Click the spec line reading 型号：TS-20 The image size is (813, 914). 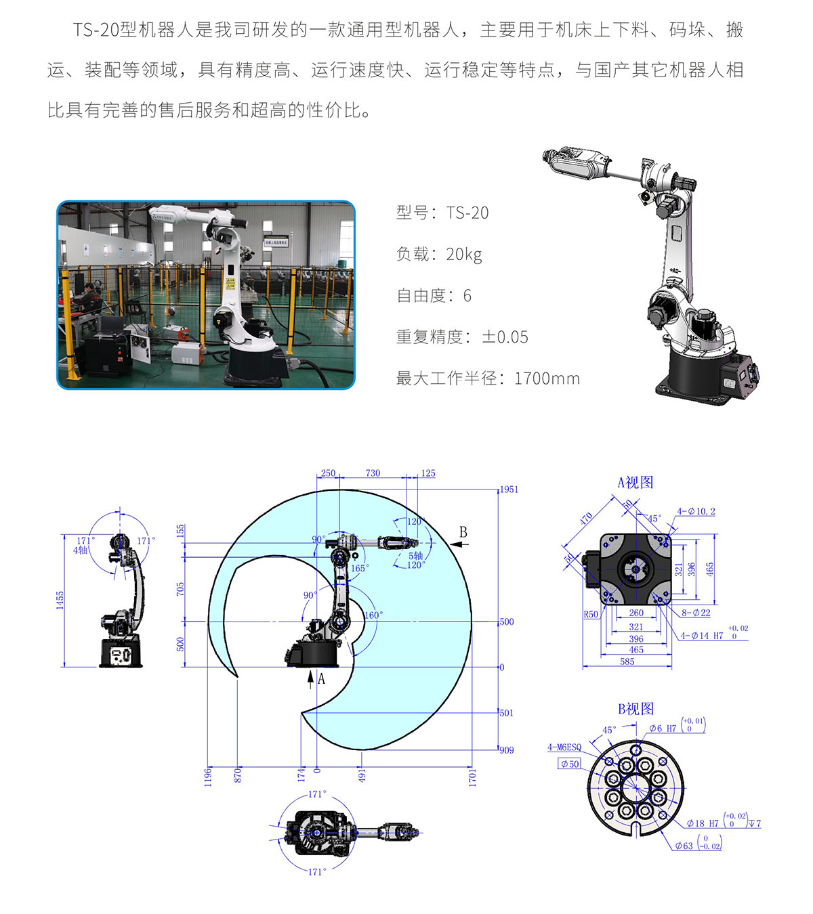pos(442,213)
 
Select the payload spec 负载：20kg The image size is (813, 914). pos(439,255)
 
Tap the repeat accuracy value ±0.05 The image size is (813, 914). pos(505,337)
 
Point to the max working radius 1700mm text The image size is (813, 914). pos(547,378)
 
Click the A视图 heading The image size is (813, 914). pos(635,482)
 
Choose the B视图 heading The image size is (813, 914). pos(635,709)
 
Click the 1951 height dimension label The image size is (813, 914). pos(509,489)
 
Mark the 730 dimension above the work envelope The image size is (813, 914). pos(373,473)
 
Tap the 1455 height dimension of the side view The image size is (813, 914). pos(60,600)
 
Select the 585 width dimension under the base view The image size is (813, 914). pos(627,661)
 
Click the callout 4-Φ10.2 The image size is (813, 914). pos(696,511)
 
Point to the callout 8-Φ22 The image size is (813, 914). pos(696,613)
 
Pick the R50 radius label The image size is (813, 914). pos(591,615)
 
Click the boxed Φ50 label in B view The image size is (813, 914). pos(570,764)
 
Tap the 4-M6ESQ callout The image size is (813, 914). pos(564,747)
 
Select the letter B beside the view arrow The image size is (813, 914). pos(463,532)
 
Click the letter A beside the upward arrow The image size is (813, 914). pos(321,679)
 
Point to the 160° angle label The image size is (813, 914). pos(373,615)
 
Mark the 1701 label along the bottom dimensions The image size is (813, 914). pos(472,778)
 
